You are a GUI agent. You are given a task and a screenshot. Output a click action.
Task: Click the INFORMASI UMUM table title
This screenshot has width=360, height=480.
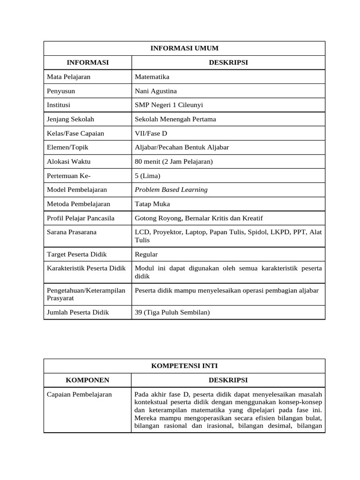coord(184,48)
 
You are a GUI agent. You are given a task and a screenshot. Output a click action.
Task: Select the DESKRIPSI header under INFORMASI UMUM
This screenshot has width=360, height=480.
coord(228,62)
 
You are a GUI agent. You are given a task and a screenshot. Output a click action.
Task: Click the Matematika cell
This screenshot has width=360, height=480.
coord(152,76)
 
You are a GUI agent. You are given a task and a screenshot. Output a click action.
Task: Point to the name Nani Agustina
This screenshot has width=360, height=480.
coord(156,91)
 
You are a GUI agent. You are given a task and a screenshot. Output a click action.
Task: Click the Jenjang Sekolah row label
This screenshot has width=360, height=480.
coord(70,119)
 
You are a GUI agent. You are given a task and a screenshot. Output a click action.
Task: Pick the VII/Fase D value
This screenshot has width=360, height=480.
coord(151,133)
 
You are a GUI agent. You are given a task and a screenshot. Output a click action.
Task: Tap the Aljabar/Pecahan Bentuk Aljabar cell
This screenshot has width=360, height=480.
coord(182,147)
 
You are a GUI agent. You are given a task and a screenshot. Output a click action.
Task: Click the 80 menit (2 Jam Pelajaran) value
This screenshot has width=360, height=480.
coord(173,162)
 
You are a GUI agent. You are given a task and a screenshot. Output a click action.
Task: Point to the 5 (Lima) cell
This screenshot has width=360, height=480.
coord(147,176)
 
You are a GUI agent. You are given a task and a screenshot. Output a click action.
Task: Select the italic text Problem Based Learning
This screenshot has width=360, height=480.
coord(171,190)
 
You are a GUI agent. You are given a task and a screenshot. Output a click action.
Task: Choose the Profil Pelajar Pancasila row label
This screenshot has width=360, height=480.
coord(81,218)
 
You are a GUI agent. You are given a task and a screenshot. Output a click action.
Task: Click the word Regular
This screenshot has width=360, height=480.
coord(146,254)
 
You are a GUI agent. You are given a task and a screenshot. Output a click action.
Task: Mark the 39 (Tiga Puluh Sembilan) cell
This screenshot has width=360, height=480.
coord(172,312)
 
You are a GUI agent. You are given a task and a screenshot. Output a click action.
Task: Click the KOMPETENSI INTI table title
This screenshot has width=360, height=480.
coord(184,366)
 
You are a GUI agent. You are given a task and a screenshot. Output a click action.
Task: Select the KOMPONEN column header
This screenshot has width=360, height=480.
coord(87,380)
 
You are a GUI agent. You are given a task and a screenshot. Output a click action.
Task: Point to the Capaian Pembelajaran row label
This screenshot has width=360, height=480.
coord(80,394)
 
